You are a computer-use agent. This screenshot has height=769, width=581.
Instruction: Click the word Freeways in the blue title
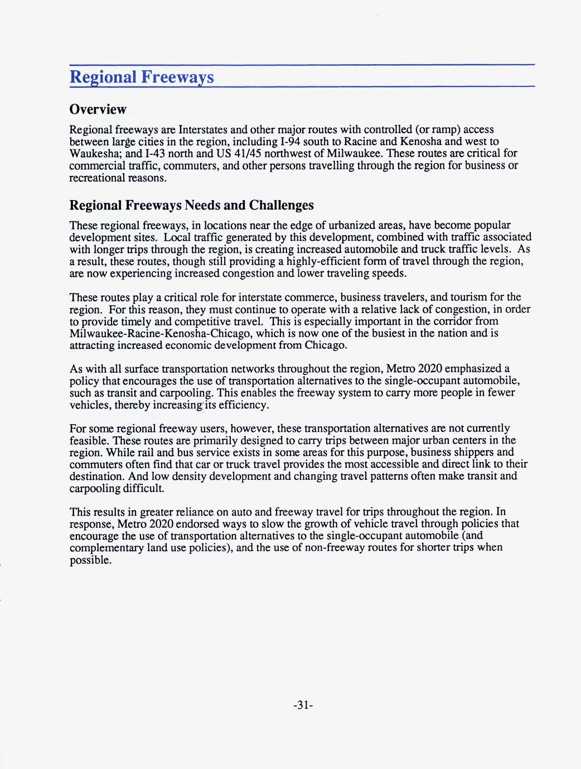pos(177,77)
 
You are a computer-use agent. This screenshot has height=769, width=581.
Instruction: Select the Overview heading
pos(98,109)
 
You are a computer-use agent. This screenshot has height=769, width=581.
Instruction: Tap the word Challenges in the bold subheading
pos(281,205)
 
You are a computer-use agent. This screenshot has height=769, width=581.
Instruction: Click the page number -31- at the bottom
pos(303,705)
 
